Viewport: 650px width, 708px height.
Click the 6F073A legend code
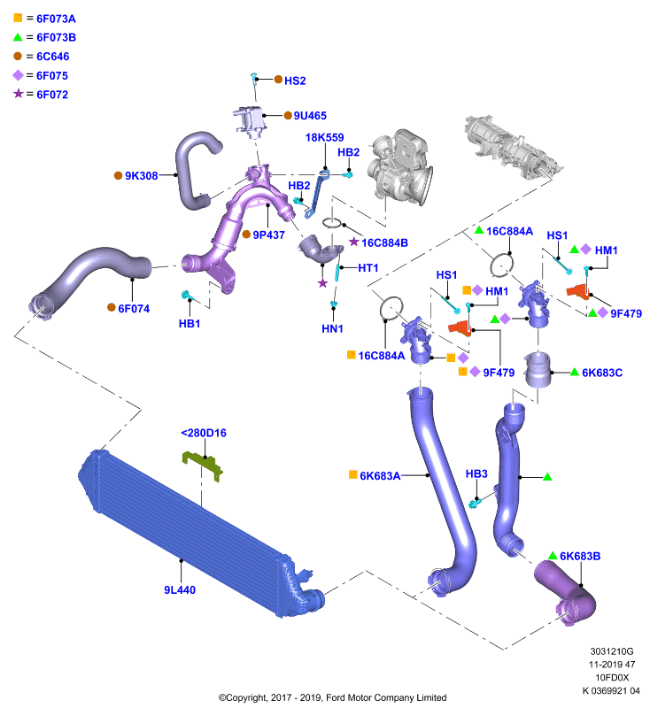pos(56,19)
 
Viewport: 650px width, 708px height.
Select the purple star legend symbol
pos(18,94)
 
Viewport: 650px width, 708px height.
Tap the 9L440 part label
pos(180,589)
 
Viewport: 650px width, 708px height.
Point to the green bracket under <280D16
pos(203,466)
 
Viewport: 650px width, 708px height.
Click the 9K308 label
pos(142,175)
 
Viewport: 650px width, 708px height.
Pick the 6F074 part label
pos(134,308)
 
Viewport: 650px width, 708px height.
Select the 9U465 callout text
pos(310,116)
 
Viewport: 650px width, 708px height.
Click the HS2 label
pos(295,81)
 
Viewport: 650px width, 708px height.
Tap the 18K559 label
pos(324,137)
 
